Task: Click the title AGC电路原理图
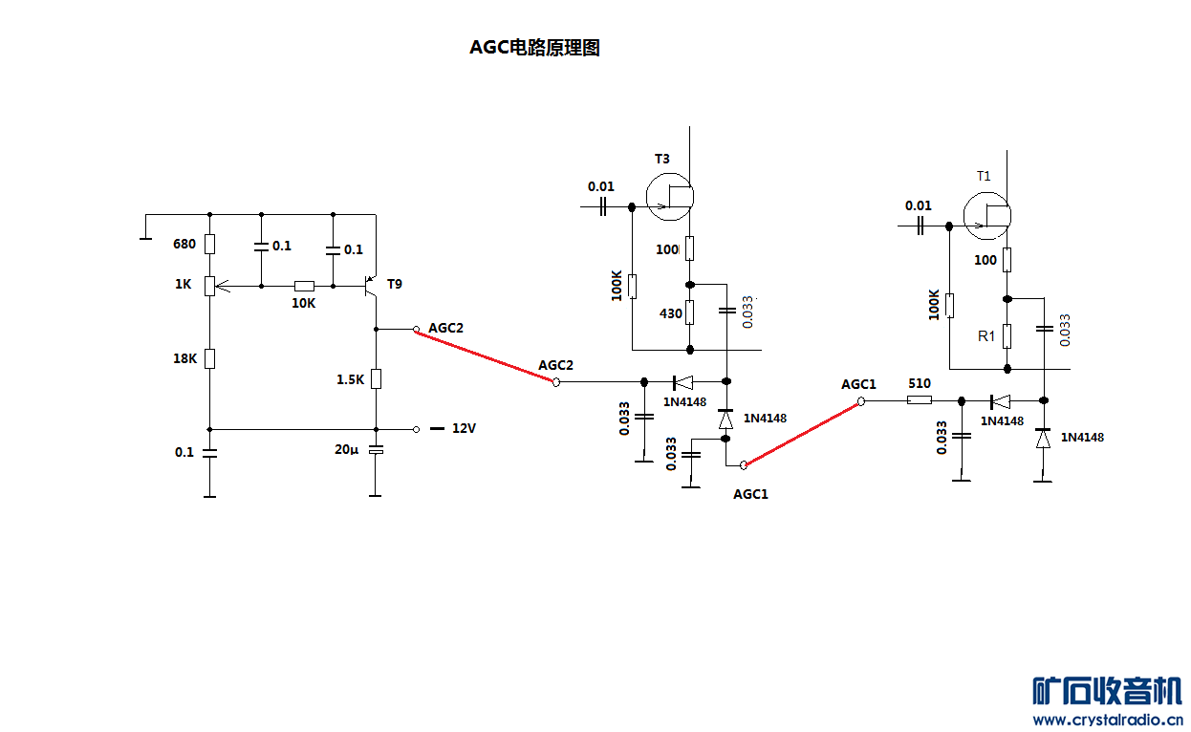click(x=534, y=48)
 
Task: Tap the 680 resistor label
click(x=184, y=244)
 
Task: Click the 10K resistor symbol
click(x=304, y=285)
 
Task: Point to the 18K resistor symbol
click(x=210, y=358)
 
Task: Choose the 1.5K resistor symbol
click(x=376, y=378)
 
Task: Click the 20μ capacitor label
click(x=346, y=449)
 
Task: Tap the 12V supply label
click(x=464, y=429)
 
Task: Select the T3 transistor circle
click(x=669, y=196)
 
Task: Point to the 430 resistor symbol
click(x=690, y=312)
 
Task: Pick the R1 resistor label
click(x=985, y=336)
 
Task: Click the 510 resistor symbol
click(x=919, y=401)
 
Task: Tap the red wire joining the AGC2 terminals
click(x=486, y=355)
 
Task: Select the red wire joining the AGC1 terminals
click(x=803, y=433)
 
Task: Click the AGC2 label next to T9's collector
click(x=445, y=328)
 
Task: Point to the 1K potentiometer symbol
click(x=210, y=285)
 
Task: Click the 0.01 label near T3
click(x=601, y=186)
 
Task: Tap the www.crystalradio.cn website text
click(x=1108, y=720)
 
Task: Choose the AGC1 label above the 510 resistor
click(x=858, y=384)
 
